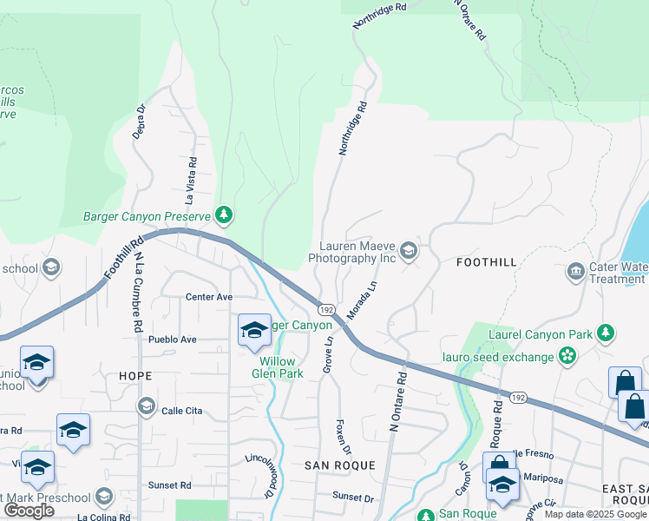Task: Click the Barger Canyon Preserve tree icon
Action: (225, 214)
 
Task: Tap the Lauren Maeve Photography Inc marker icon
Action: (409, 252)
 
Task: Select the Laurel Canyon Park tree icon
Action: (606, 333)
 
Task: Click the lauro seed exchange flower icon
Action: (567, 356)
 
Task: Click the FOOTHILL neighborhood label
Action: (485, 261)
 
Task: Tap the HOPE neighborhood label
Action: (136, 376)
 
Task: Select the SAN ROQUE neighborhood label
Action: (340, 465)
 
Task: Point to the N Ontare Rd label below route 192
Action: (397, 402)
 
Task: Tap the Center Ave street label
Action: (209, 297)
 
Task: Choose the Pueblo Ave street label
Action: (173, 340)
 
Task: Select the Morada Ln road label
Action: (362, 298)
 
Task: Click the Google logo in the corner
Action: (29, 510)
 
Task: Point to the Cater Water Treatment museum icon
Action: (575, 273)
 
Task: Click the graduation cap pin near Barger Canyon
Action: (254, 330)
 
